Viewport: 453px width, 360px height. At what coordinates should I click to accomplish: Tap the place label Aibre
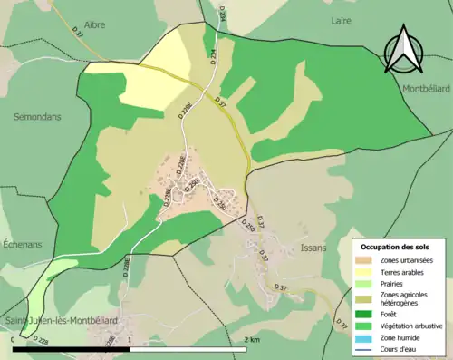95,25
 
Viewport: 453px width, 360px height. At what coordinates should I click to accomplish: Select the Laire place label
341,19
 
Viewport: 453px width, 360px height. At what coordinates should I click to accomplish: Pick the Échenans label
29,204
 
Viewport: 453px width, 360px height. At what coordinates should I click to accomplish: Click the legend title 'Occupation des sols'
395,247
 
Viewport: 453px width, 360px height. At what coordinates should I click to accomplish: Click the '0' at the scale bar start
14,339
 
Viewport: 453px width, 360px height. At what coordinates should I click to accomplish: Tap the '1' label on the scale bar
130,339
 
